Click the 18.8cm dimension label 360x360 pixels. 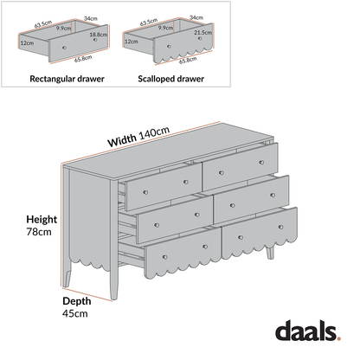(x=98, y=34)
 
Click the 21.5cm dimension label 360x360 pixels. (x=203, y=32)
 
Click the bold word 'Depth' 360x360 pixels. (x=77, y=300)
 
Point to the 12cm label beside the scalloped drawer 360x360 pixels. (x=131, y=41)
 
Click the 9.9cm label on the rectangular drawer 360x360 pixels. (x=63, y=29)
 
